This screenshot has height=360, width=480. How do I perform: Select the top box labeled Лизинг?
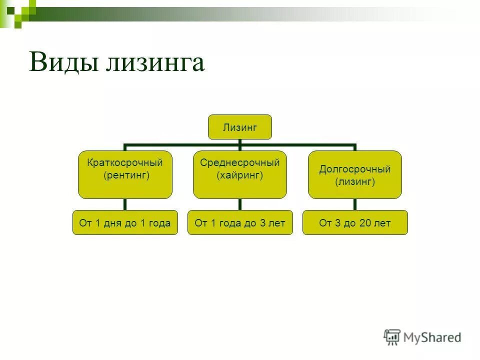[239, 127]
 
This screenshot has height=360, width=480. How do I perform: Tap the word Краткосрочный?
[125, 162]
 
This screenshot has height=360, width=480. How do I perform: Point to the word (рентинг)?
[125, 175]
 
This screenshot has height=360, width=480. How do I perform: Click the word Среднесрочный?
[239, 162]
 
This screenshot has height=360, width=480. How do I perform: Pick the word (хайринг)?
[239, 175]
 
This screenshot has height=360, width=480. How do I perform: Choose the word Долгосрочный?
[354, 169]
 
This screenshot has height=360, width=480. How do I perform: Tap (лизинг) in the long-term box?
[354, 182]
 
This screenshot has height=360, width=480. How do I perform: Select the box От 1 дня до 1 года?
[125, 223]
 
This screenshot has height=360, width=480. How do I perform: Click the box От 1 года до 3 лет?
[239, 223]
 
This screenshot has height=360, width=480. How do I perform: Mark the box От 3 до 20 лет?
[354, 223]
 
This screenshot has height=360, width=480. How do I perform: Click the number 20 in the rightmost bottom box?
[365, 223]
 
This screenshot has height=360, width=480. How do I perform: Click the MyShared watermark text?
[433, 337]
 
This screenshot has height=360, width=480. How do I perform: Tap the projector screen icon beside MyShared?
[392, 337]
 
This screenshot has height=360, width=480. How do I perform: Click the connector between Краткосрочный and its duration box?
[125, 204]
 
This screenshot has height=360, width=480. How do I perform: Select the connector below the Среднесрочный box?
[239, 204]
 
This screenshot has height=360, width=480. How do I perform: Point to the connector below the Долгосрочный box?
[354, 204]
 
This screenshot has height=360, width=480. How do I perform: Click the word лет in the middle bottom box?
[276, 223]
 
